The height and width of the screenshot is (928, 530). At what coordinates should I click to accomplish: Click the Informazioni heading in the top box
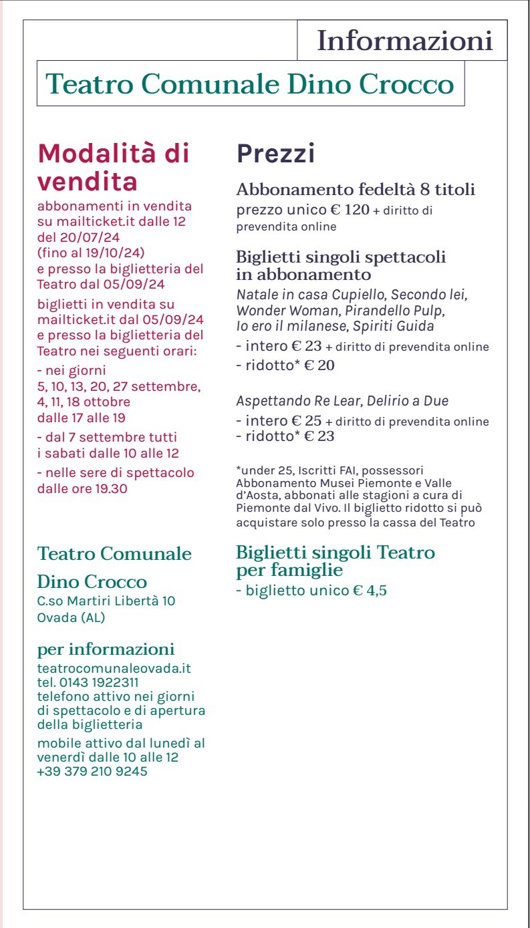click(x=404, y=41)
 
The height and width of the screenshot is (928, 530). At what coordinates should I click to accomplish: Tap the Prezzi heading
click(x=275, y=154)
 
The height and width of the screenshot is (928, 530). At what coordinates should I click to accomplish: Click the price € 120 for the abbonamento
click(x=350, y=210)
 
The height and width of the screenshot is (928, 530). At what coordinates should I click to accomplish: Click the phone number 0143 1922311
click(x=99, y=682)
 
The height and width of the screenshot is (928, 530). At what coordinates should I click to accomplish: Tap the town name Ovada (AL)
click(x=71, y=617)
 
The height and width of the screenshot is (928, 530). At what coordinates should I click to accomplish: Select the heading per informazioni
click(x=106, y=649)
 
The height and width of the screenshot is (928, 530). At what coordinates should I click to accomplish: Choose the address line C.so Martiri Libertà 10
click(x=106, y=601)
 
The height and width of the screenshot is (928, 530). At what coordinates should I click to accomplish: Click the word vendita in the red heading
click(x=88, y=181)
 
